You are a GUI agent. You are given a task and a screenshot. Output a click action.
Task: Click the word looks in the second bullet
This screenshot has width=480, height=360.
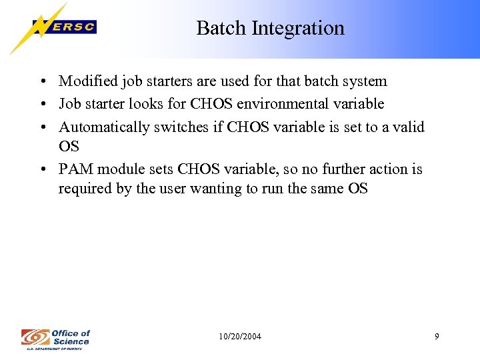point(146,103)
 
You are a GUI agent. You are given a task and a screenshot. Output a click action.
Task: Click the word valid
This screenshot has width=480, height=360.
point(407,126)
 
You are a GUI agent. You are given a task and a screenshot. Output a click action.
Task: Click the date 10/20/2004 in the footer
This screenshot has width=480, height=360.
point(240,337)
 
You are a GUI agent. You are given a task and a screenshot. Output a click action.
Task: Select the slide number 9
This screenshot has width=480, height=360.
point(437,337)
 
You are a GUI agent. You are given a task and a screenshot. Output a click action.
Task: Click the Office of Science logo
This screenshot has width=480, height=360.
point(55,338)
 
